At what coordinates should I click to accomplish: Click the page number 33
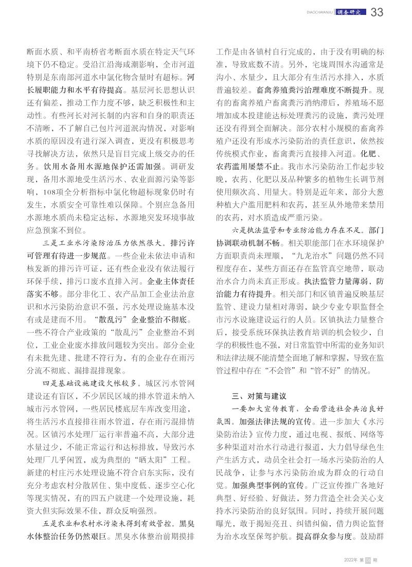click(x=377, y=13)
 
